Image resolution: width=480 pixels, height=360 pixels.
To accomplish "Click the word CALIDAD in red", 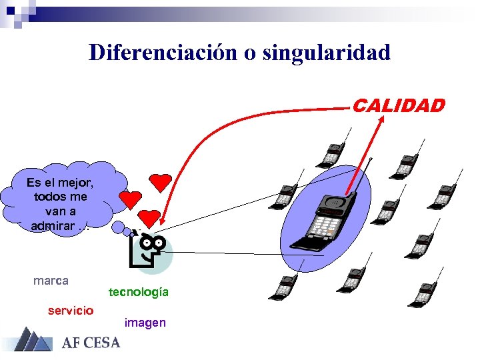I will [398, 105].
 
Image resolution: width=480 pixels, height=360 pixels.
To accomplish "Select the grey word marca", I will [51, 281].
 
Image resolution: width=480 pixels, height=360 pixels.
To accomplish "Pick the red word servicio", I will [71, 310].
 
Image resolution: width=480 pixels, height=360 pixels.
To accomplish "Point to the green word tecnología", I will [139, 292].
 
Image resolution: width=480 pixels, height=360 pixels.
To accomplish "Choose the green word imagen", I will [145, 323].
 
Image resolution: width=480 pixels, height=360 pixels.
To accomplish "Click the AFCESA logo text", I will [91, 343].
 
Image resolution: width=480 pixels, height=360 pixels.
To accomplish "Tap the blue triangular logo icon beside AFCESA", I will [32, 339].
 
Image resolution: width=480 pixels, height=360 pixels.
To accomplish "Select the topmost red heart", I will [160, 181].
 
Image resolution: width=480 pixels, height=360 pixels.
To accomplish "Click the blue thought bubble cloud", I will [63, 196].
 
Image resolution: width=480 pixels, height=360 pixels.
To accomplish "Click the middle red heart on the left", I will [130, 199].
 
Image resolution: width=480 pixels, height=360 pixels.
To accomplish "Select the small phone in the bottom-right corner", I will [423, 293].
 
